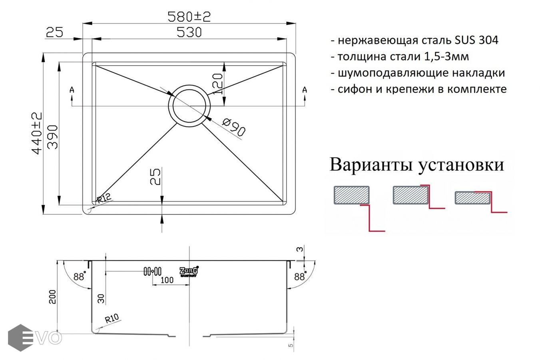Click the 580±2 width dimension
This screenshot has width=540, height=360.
(x=189, y=17)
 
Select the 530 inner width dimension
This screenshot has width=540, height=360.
(x=189, y=32)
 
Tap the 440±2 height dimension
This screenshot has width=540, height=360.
(x=37, y=133)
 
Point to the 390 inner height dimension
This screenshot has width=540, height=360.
(x=52, y=137)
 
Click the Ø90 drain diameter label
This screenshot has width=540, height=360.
(x=233, y=127)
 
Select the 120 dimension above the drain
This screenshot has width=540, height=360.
(x=217, y=84)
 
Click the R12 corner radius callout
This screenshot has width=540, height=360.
(x=104, y=198)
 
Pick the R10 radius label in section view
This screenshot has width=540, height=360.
(x=112, y=318)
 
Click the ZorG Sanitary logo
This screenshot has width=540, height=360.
(x=189, y=272)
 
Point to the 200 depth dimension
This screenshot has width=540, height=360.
(x=52, y=296)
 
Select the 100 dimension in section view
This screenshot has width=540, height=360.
(x=167, y=280)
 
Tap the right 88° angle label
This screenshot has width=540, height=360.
(x=300, y=276)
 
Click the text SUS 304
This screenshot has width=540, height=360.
(x=476, y=40)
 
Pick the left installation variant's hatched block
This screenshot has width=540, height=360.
(x=351, y=195)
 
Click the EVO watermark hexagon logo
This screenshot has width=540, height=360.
(x=20, y=338)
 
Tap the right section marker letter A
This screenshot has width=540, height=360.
(x=305, y=90)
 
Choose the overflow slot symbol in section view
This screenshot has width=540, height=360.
(x=153, y=272)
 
